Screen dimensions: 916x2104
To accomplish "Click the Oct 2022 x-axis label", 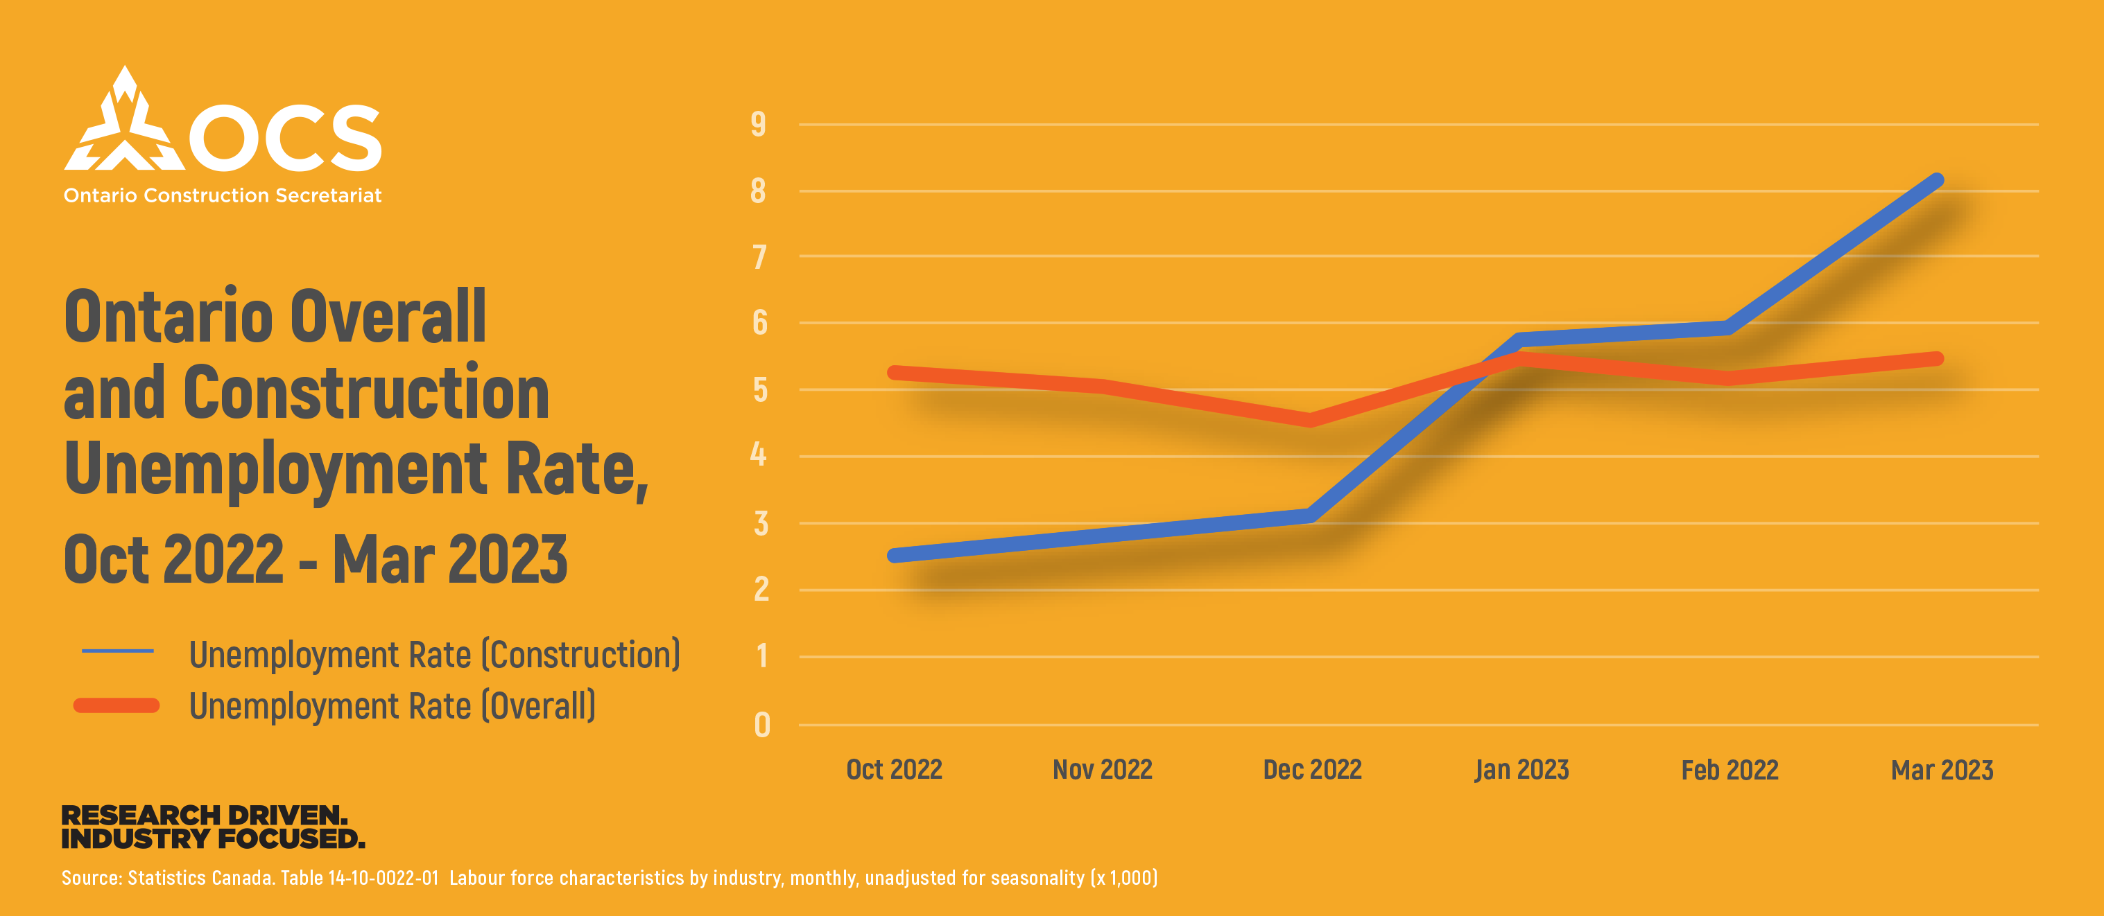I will click(x=895, y=769).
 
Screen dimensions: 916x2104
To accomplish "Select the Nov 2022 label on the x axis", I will click(x=1102, y=769).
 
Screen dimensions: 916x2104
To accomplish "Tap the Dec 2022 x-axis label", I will click(x=1312, y=769).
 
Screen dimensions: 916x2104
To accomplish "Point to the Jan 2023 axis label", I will click(x=1521, y=769).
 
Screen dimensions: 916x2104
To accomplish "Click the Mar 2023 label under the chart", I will click(x=1942, y=770).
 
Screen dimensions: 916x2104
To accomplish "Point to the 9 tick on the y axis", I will click(x=759, y=124).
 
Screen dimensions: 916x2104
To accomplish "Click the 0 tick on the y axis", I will click(x=762, y=725).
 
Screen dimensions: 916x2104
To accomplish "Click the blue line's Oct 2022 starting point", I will click(x=895, y=556).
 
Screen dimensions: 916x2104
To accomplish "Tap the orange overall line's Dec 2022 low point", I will click(x=1310, y=420).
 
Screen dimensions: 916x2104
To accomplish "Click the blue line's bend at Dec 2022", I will click(x=1310, y=515).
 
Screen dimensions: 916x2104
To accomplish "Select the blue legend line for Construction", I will click(x=118, y=651).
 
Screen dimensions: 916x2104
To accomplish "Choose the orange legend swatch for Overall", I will click(x=116, y=705).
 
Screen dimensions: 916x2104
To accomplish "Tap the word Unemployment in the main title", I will click(x=276, y=468).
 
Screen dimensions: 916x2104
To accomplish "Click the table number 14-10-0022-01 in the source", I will click(x=383, y=879).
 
